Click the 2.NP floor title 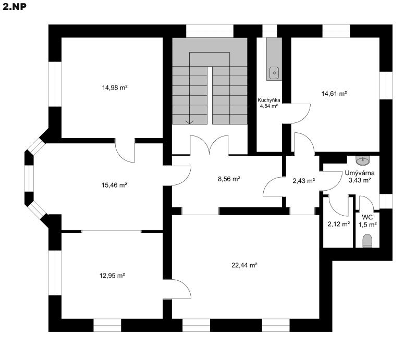tap(15, 7)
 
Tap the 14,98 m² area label tap(115, 88)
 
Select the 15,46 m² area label tap(114, 185)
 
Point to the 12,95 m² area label tap(112, 276)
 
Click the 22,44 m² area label tap(244, 265)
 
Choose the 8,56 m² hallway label tap(229, 179)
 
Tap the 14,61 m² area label tap(334, 94)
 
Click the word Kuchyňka tap(269, 100)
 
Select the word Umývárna tap(360, 173)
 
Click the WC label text tap(367, 217)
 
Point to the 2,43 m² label tap(304, 181)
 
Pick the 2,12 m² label tap(338, 224)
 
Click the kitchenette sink tap(274, 73)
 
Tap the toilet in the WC tap(367, 241)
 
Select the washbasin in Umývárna tap(363, 159)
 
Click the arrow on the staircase tap(189, 122)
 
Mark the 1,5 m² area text tap(367, 225)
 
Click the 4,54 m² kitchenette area tap(269, 106)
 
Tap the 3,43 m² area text tap(360, 180)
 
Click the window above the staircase tap(210, 31)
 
